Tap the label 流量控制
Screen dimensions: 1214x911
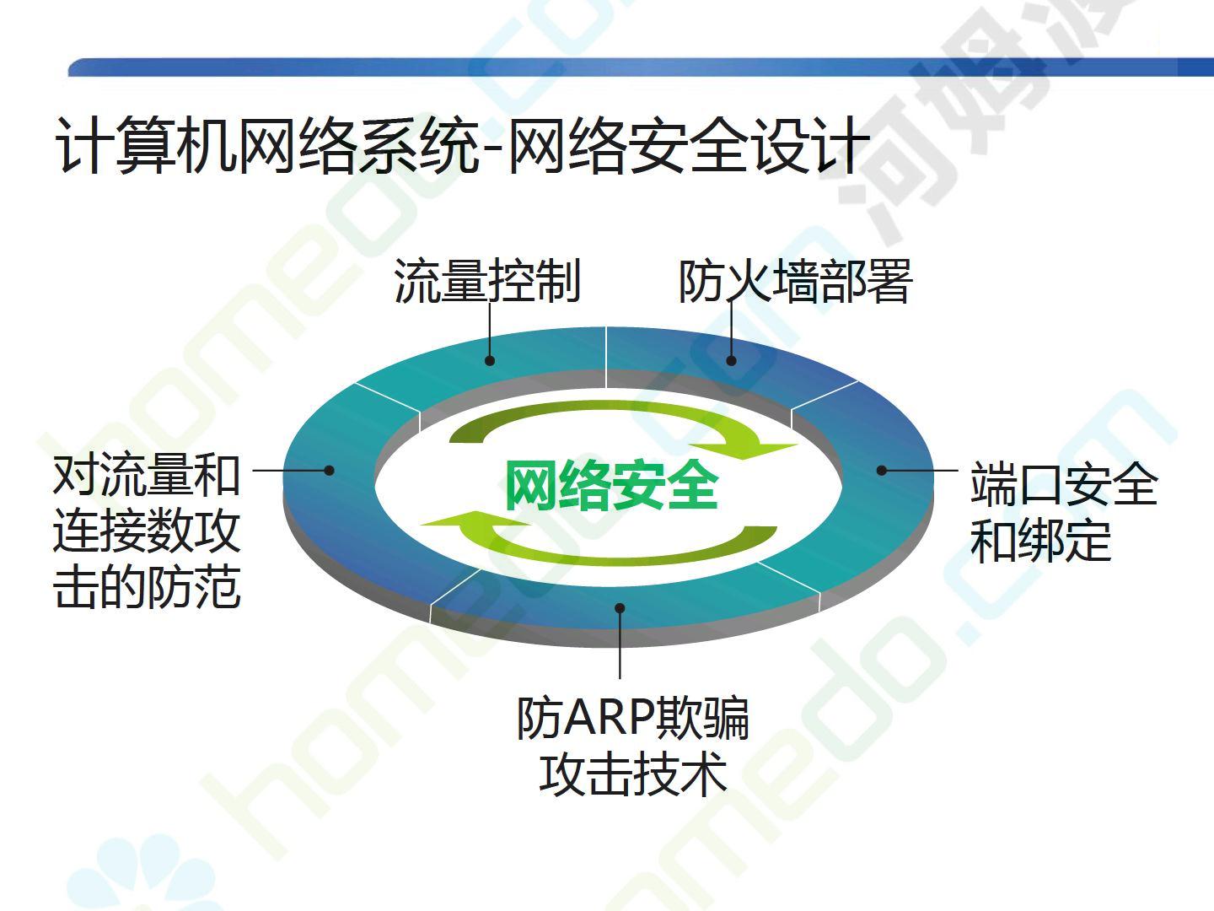pyautogui.click(x=487, y=280)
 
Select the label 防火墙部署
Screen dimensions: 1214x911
pyautogui.click(x=796, y=280)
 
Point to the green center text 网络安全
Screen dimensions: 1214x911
pyautogui.click(x=612, y=486)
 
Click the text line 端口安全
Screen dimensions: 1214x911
pyautogui.click(x=1064, y=482)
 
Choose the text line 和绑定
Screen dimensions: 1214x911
pyautogui.click(x=1041, y=540)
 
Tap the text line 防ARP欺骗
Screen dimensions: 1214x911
pyautogui.click(x=633, y=718)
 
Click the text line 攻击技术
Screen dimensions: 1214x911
pyautogui.click(x=633, y=774)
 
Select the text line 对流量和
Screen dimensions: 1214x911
pyautogui.click(x=147, y=475)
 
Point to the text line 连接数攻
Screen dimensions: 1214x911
pyautogui.click(x=147, y=531)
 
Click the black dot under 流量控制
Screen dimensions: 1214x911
pyautogui.click(x=490, y=361)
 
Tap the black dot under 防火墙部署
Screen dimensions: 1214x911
pyautogui.click(x=731, y=361)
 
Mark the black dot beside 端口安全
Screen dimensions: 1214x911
pyautogui.click(x=882, y=470)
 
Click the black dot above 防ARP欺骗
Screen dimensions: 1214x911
pyautogui.click(x=620, y=608)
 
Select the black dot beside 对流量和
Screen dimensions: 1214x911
pyautogui.click(x=329, y=470)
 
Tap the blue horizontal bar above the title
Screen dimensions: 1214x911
pyautogui.click(x=641, y=67)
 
